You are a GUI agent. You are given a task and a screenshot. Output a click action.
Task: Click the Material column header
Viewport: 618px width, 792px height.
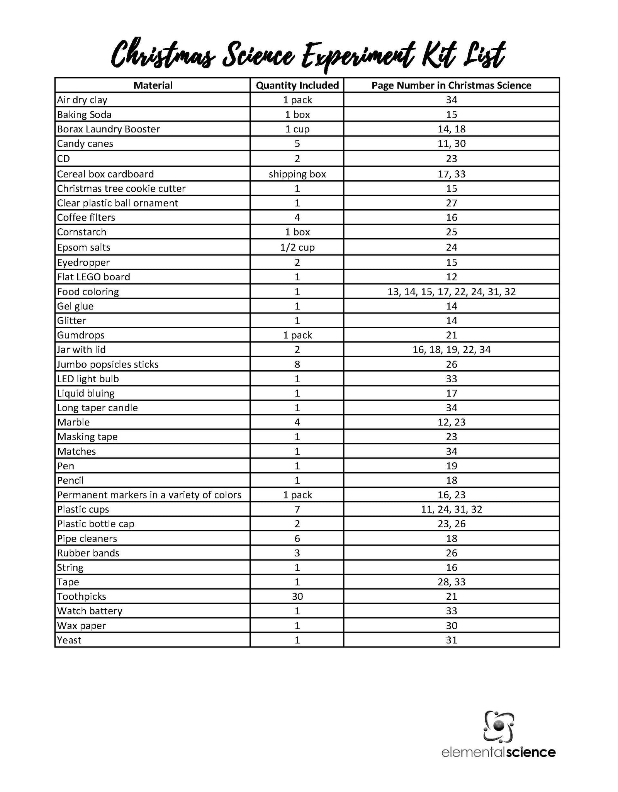[x=153, y=85]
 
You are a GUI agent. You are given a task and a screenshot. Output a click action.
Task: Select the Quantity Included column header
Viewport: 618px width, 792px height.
[x=297, y=85]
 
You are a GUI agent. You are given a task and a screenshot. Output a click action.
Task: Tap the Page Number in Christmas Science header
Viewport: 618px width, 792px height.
[x=451, y=85]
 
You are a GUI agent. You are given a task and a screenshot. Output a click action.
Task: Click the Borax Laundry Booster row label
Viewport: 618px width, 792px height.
[x=109, y=129]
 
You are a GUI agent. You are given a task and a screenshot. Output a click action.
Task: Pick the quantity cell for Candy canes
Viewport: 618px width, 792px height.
[x=297, y=144]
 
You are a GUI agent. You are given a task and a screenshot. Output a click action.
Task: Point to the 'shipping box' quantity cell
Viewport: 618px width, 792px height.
[x=297, y=174]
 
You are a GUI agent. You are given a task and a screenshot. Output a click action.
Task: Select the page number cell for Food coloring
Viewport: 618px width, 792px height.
[x=451, y=292]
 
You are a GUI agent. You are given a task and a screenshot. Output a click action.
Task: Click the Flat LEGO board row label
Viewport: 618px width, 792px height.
[x=93, y=277]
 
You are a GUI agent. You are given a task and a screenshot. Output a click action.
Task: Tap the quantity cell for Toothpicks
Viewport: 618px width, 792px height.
[x=297, y=596]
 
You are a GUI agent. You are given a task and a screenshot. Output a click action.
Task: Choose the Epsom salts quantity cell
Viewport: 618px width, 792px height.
[x=297, y=247]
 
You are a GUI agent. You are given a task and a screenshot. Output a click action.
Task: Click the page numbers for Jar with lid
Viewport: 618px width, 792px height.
[x=451, y=349]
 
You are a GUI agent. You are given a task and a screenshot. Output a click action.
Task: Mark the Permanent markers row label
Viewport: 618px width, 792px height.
[x=149, y=495]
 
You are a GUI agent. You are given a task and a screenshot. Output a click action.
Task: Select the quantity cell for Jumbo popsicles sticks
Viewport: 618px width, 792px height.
[x=297, y=364]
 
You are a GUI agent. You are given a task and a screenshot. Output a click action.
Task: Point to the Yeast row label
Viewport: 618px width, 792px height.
[x=69, y=640]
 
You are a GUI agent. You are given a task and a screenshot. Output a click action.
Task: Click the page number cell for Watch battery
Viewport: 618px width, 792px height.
[x=451, y=611]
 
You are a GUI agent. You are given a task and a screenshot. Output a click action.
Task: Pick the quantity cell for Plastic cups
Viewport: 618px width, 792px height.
[x=297, y=509]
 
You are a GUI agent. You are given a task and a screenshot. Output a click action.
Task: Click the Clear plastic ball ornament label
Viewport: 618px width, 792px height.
[x=117, y=203]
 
